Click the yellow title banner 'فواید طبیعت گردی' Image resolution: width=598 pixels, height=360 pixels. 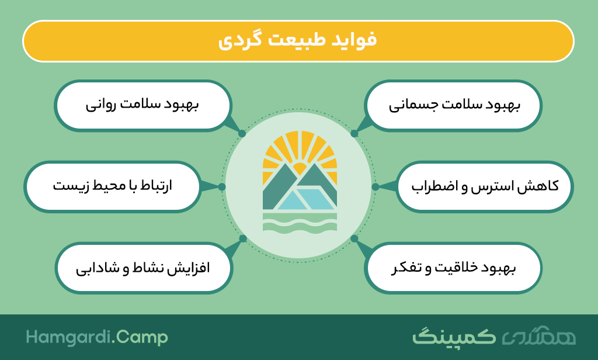coord(298,41)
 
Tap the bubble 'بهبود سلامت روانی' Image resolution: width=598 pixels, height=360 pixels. coord(142,105)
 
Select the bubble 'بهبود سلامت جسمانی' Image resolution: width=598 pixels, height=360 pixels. coord(453,105)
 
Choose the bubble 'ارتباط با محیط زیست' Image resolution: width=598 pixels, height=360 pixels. coord(113,186)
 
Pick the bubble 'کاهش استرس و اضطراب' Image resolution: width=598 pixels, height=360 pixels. coord(485,186)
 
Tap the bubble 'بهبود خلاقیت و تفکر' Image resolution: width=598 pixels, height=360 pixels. coord(453,268)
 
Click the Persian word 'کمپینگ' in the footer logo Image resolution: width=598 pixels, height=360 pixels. coord(454,336)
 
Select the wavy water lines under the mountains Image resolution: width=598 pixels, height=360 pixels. coord(300,223)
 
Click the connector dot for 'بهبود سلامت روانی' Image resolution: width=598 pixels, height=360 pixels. coord(242,134)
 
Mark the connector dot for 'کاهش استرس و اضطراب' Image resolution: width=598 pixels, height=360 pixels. coord(376,186)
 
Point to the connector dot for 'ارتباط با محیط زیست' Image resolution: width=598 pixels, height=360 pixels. coord(222,186)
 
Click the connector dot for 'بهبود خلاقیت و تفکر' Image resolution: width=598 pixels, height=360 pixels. coord(354,238)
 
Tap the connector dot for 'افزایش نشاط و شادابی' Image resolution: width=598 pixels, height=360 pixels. coord(243,238)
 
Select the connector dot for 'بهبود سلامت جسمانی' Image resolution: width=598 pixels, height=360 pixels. coord(354,134)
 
